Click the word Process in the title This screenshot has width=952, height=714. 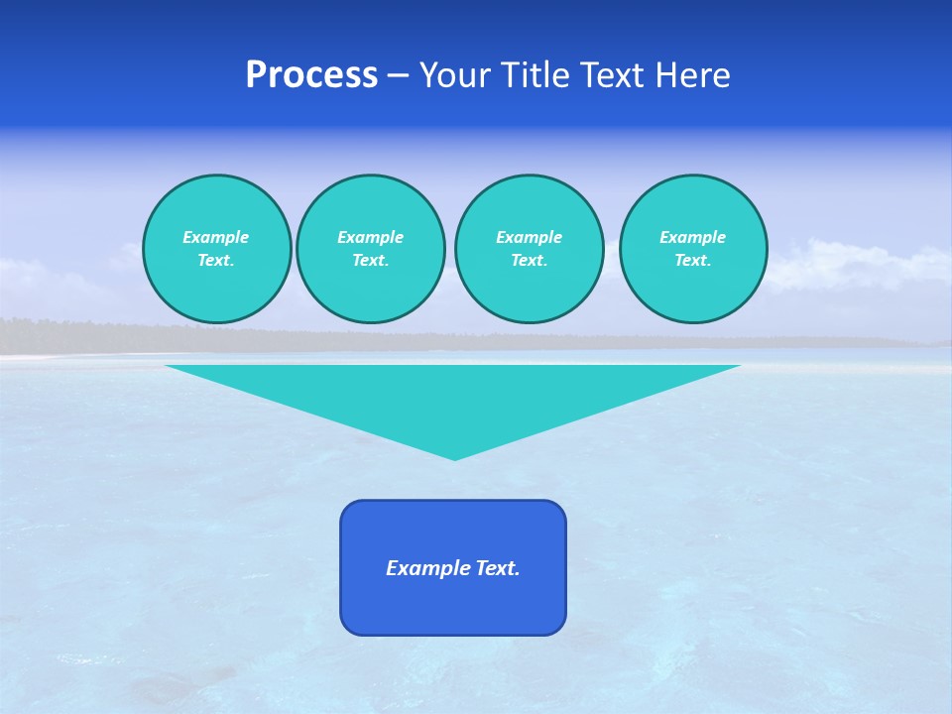[x=311, y=75]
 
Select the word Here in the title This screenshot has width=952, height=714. [x=691, y=75]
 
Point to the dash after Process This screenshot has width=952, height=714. [x=399, y=76]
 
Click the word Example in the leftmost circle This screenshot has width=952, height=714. [x=216, y=237]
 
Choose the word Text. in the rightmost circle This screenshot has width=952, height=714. [x=693, y=260]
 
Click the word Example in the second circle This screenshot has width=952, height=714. [x=371, y=237]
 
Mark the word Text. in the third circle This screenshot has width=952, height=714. [x=530, y=260]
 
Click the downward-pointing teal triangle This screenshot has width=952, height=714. [x=453, y=397]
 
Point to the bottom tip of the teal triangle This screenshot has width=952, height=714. [x=454, y=458]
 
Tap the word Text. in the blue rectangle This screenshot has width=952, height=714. [x=498, y=568]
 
